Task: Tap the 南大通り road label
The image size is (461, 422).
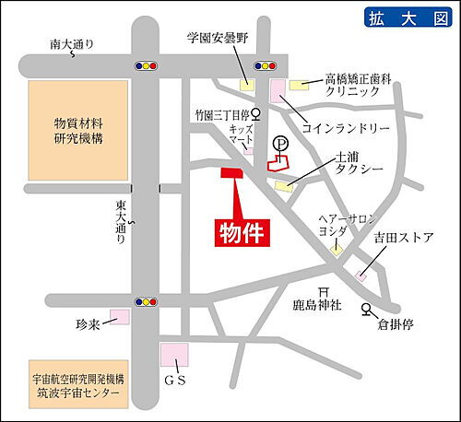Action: [74, 43]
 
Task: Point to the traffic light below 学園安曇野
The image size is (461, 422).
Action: [266, 66]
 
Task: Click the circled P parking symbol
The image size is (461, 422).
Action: [281, 145]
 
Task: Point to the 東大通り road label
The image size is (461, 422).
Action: [122, 222]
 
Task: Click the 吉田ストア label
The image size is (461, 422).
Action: [404, 239]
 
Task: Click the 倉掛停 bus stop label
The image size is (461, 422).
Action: [399, 324]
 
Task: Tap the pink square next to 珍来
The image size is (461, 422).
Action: [119, 319]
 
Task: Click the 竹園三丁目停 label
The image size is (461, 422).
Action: [222, 115]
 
